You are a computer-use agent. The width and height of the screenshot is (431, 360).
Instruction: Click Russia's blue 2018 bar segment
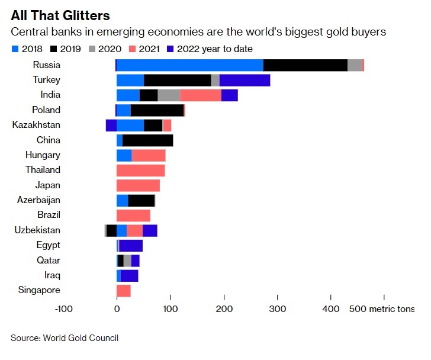point(189,65)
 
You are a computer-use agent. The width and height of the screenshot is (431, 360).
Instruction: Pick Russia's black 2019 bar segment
point(305,65)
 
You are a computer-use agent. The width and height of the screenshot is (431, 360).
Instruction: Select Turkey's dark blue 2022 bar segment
point(245,81)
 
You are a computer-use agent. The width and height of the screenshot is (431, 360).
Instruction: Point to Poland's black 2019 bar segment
point(157,110)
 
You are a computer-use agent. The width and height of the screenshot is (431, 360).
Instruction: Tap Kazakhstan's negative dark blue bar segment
point(111,125)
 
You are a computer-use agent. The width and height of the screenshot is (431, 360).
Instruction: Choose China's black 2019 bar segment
point(147,140)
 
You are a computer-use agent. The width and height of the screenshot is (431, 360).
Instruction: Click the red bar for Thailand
point(140,171)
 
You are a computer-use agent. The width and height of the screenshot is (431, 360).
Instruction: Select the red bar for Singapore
point(123,291)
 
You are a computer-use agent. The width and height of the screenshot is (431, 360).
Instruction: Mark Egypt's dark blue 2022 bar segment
point(131,246)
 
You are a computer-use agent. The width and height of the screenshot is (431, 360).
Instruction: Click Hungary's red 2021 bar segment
point(148,155)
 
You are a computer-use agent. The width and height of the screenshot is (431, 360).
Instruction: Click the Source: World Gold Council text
point(65,338)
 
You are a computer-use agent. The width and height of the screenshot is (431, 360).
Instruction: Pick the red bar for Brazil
point(133,216)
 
